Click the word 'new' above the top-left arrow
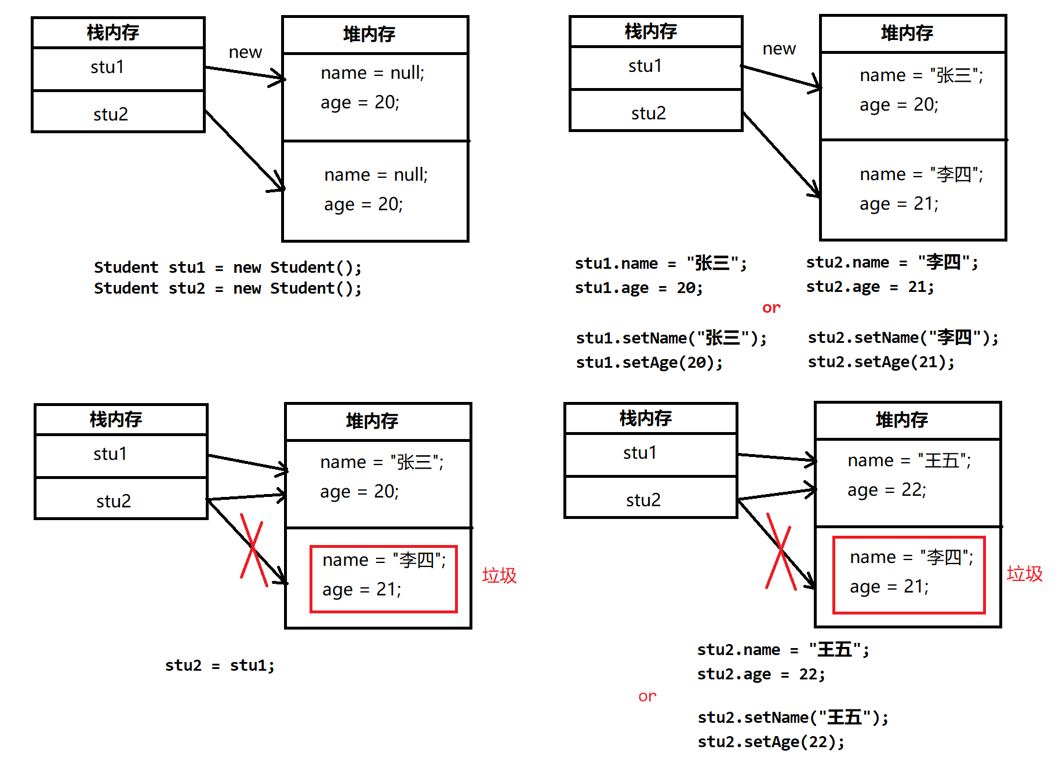coord(245,52)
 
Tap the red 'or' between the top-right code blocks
coord(771,308)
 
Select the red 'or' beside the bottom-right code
coord(647,696)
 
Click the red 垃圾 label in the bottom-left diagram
coord(499,575)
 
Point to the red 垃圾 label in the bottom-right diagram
coord(1025,573)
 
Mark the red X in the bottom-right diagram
coord(780,551)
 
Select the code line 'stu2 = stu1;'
coord(220,665)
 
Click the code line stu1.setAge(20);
coord(649,363)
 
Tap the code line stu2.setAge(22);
coord(771,742)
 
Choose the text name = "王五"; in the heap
coord(909,460)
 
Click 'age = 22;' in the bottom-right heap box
coord(887,490)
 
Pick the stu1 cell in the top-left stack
coord(119,69)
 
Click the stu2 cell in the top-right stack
coord(656,110)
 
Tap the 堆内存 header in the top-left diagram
coord(375,35)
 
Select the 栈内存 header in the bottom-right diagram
coord(651,418)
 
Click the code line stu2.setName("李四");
coord(903,338)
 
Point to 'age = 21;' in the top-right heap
coord(899,204)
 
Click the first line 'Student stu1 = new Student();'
coord(228,268)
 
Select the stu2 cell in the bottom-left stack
coord(121,498)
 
